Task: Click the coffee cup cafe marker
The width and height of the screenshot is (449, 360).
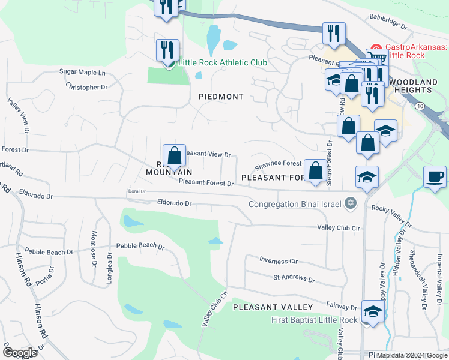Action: [x=435, y=177]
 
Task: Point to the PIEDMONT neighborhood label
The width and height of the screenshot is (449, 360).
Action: [x=221, y=97]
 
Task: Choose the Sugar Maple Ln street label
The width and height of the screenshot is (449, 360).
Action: [x=82, y=72]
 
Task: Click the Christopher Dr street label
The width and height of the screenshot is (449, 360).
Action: [x=88, y=87]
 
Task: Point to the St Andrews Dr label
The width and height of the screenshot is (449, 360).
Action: [x=294, y=279]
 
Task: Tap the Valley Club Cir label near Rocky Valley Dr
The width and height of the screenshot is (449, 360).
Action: [x=338, y=228]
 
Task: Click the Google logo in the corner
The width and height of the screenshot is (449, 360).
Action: [x=20, y=353]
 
